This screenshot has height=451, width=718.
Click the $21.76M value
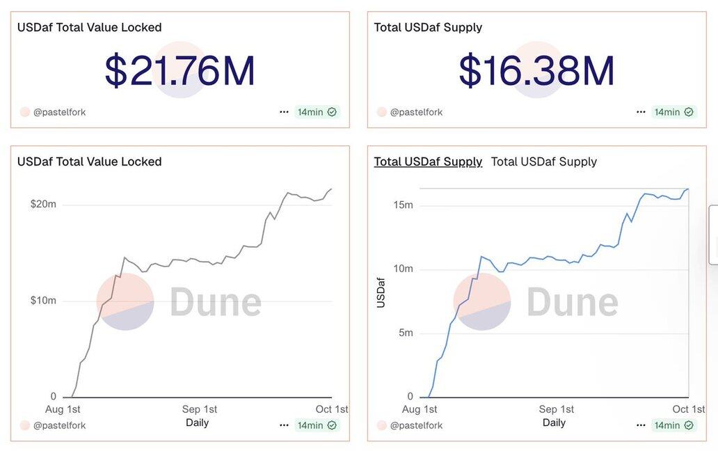(179, 70)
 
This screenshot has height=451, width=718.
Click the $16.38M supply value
(536, 70)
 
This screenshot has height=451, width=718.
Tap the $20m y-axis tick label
(43, 205)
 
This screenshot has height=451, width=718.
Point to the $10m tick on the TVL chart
(43, 301)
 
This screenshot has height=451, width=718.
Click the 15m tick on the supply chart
(404, 205)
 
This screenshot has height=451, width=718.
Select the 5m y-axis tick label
(404, 333)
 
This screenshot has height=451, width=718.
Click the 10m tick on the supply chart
(404, 269)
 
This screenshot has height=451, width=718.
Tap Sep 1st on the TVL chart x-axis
(200, 409)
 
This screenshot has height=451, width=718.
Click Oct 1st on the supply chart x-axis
(689, 409)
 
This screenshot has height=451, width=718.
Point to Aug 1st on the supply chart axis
(420, 409)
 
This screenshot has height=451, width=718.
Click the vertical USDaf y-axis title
(381, 292)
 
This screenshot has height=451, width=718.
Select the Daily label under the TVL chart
(197, 422)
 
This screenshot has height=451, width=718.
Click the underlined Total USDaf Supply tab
(428, 161)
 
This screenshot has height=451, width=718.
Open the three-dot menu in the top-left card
(284, 112)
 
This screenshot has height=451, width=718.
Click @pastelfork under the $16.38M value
(416, 112)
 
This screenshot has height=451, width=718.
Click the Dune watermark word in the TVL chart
(216, 301)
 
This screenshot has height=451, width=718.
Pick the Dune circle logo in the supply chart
(481, 301)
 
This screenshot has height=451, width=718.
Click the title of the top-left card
(89, 27)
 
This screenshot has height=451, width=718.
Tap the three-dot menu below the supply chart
(641, 425)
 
